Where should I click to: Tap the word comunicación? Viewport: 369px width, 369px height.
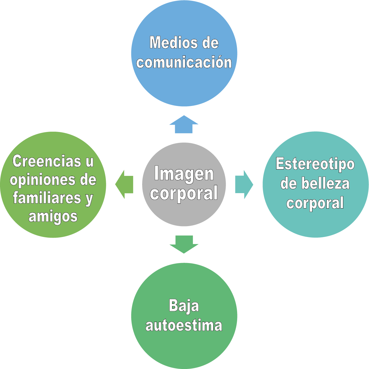184,62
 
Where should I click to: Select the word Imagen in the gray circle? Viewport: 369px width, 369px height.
184,174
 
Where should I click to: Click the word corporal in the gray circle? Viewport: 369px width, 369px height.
184,193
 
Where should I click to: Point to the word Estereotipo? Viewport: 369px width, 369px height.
315,164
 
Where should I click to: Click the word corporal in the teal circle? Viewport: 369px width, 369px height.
315,203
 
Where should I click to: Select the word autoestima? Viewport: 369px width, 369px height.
184,325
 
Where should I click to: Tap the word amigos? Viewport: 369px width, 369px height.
53,217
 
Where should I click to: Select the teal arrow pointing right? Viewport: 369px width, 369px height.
244,184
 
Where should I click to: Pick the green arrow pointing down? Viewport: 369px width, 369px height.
184,244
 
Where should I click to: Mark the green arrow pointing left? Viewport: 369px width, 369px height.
124,184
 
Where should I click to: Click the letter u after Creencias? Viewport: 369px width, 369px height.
90,161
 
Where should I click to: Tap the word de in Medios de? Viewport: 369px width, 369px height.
210,43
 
